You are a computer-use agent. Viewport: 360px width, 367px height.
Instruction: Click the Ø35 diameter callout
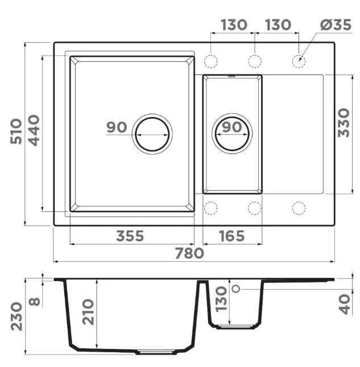336,25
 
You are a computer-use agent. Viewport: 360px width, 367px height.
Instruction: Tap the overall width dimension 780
189,253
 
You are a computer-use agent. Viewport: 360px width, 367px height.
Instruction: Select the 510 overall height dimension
16,131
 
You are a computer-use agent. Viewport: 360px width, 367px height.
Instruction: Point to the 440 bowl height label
34,130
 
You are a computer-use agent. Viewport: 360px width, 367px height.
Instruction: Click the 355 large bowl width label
130,236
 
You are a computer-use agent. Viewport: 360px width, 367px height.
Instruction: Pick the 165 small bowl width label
232,236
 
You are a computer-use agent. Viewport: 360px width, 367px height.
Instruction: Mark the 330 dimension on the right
344,123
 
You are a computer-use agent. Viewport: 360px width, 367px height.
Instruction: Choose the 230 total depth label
16,316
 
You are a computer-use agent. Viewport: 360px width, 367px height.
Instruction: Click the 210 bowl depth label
88,312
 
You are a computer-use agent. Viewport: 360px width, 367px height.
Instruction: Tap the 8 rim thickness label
34,302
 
